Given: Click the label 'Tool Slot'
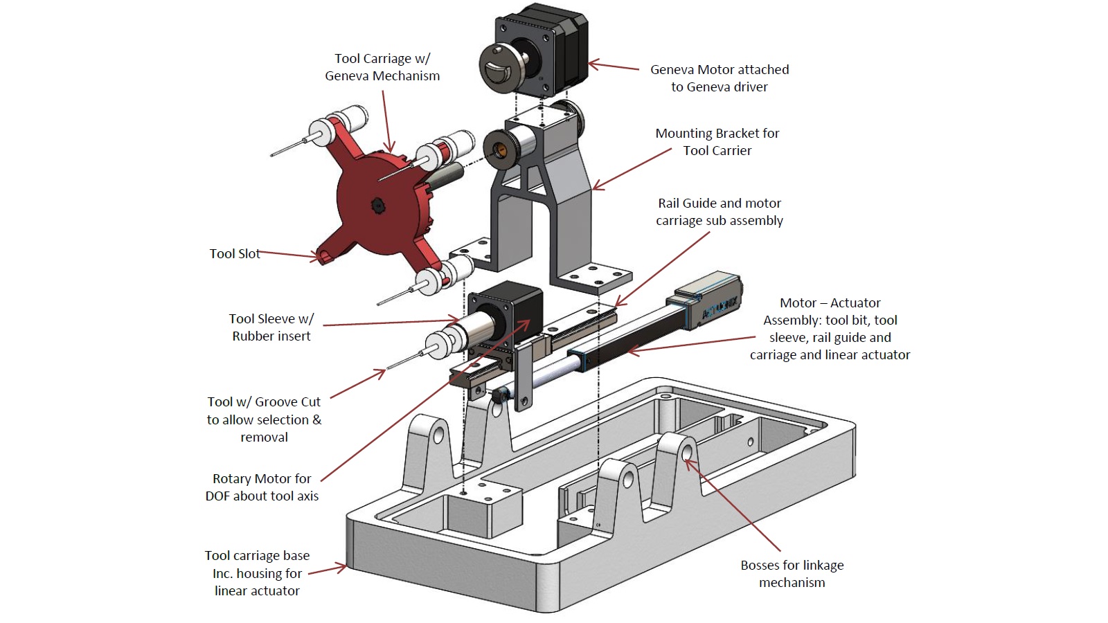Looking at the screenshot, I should [235, 254].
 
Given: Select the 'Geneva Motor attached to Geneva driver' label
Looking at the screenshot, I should [720, 78].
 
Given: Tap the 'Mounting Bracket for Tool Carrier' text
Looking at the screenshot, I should [717, 142].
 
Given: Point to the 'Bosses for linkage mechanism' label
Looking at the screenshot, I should [792, 574].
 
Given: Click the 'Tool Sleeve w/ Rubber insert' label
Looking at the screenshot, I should [271, 327].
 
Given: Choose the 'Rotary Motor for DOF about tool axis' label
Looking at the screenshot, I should [262, 487].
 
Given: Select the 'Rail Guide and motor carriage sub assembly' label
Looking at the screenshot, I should [720, 212].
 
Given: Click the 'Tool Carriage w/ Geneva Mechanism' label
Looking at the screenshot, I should [382, 67].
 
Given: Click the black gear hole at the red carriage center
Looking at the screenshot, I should [377, 204].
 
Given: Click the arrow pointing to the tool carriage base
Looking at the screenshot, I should [327, 570].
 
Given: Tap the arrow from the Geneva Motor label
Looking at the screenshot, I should [614, 67].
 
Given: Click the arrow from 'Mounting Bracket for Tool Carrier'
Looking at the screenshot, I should [632, 170].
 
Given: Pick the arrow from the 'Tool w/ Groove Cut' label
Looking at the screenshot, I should [357, 383].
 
